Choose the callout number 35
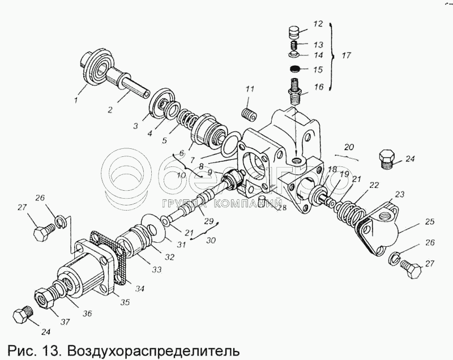click(125, 302)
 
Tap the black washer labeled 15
click(294, 69)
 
